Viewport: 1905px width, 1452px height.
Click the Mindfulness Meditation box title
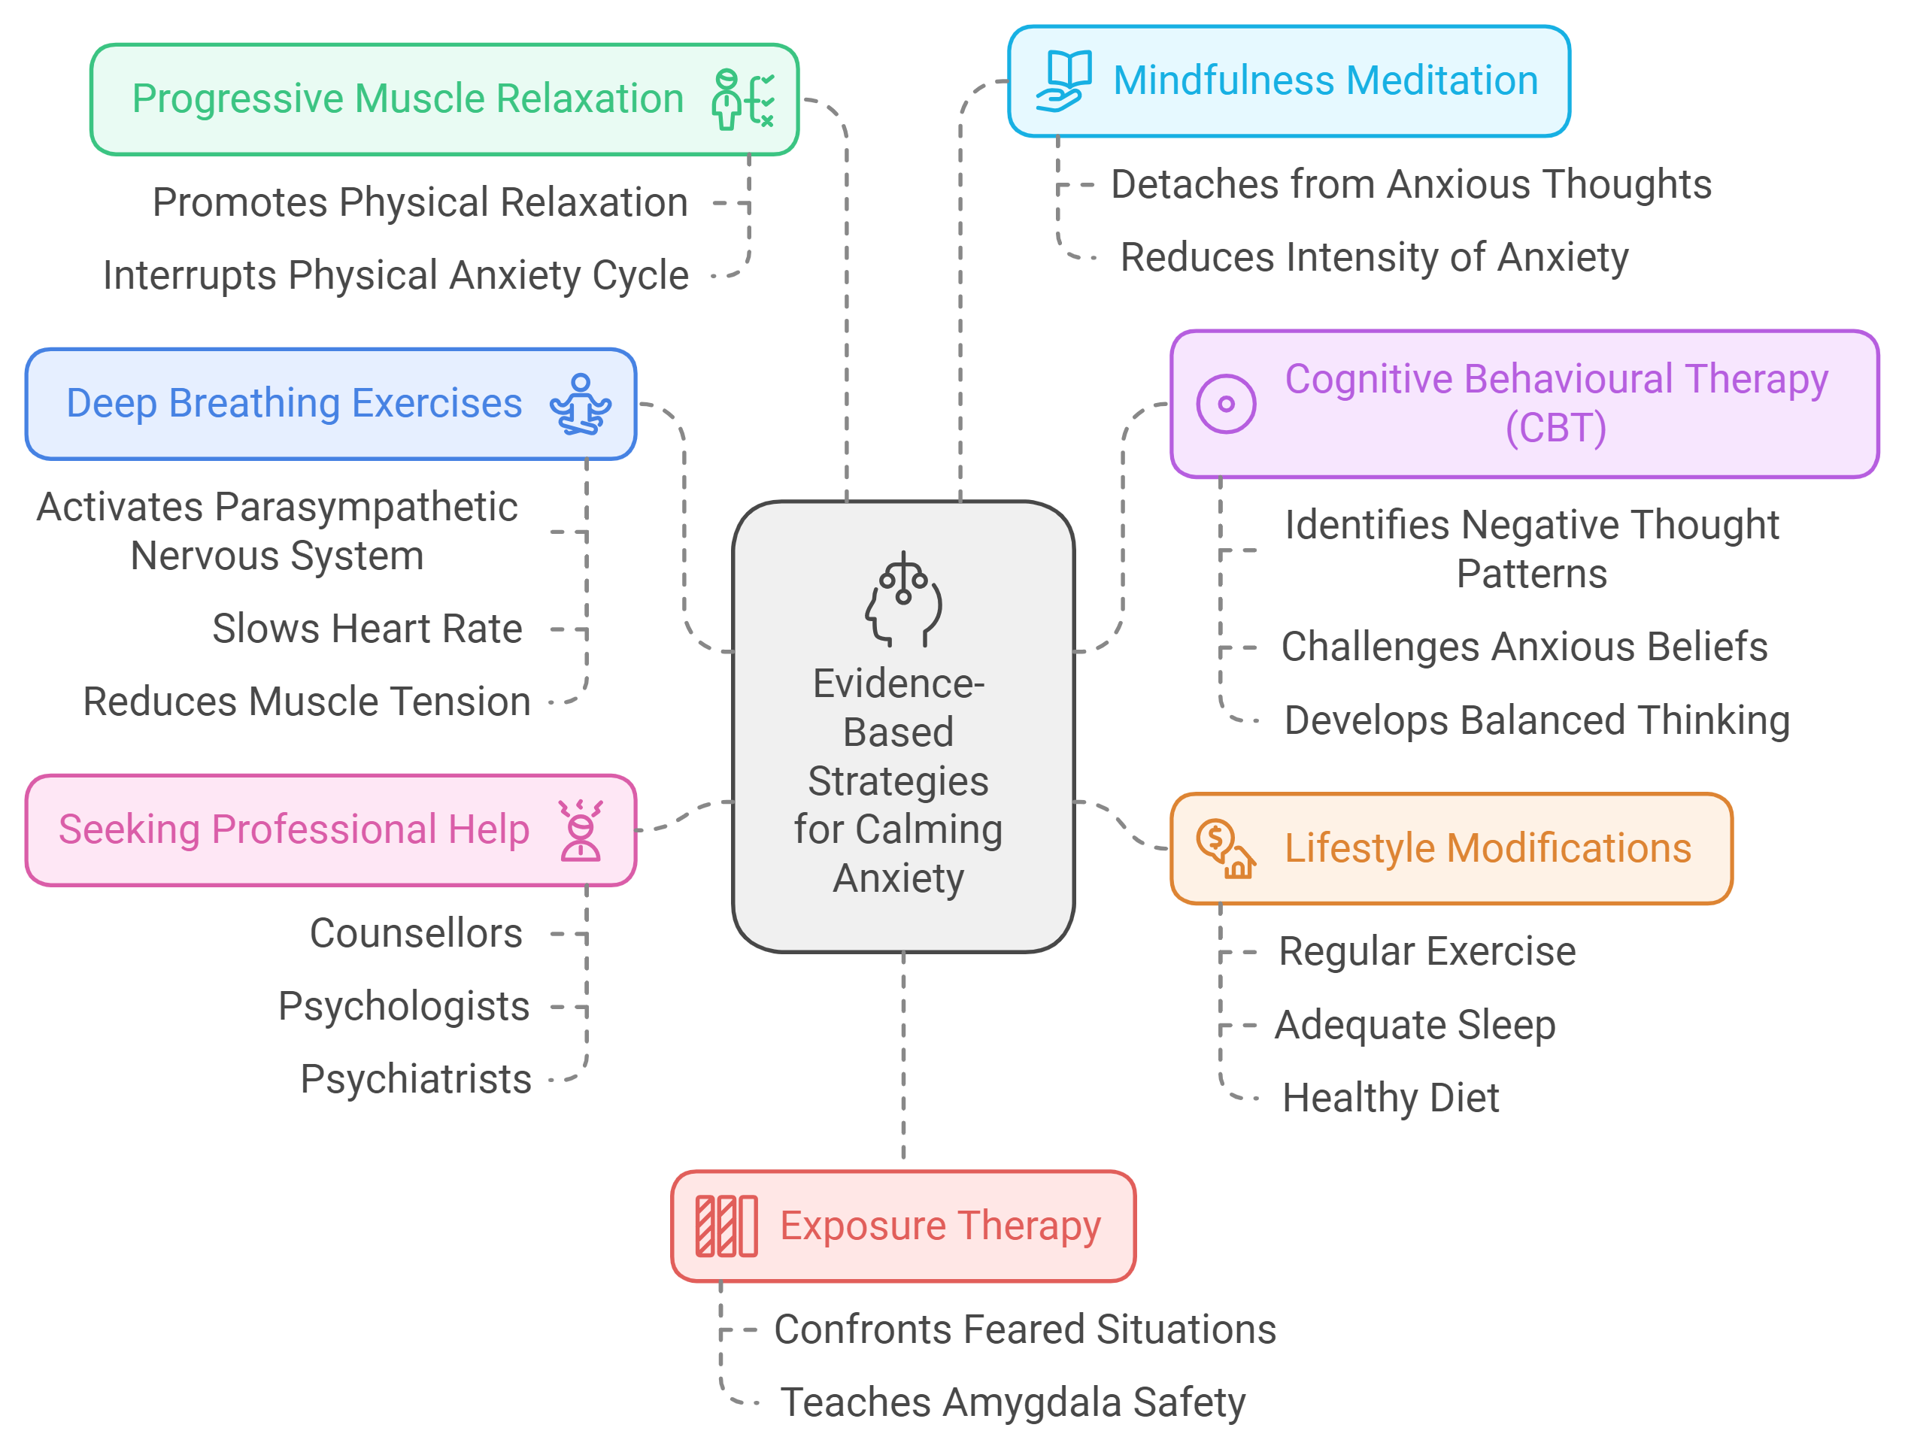[x=1324, y=80]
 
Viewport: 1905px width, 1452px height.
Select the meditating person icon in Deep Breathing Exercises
[x=580, y=404]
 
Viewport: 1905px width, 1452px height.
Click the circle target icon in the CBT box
[x=1225, y=404]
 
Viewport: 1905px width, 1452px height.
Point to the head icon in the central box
[x=903, y=600]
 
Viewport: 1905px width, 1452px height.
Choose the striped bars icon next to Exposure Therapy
[x=726, y=1226]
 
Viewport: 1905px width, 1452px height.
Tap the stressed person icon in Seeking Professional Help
[x=580, y=829]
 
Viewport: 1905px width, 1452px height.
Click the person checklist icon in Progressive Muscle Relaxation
[x=742, y=99]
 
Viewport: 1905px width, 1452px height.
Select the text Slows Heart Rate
[x=367, y=629]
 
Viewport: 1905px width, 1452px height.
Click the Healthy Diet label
[x=1390, y=1098]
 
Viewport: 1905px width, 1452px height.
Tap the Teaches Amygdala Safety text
[x=1012, y=1402]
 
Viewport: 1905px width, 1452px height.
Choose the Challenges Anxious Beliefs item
[x=1524, y=647]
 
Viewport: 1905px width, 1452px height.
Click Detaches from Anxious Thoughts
[x=1411, y=184]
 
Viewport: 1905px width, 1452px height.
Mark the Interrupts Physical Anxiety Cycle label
[x=396, y=275]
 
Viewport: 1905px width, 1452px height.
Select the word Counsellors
[x=416, y=932]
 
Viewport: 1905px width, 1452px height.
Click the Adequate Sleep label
[x=1415, y=1024]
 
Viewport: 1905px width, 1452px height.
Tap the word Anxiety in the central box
[x=898, y=878]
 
